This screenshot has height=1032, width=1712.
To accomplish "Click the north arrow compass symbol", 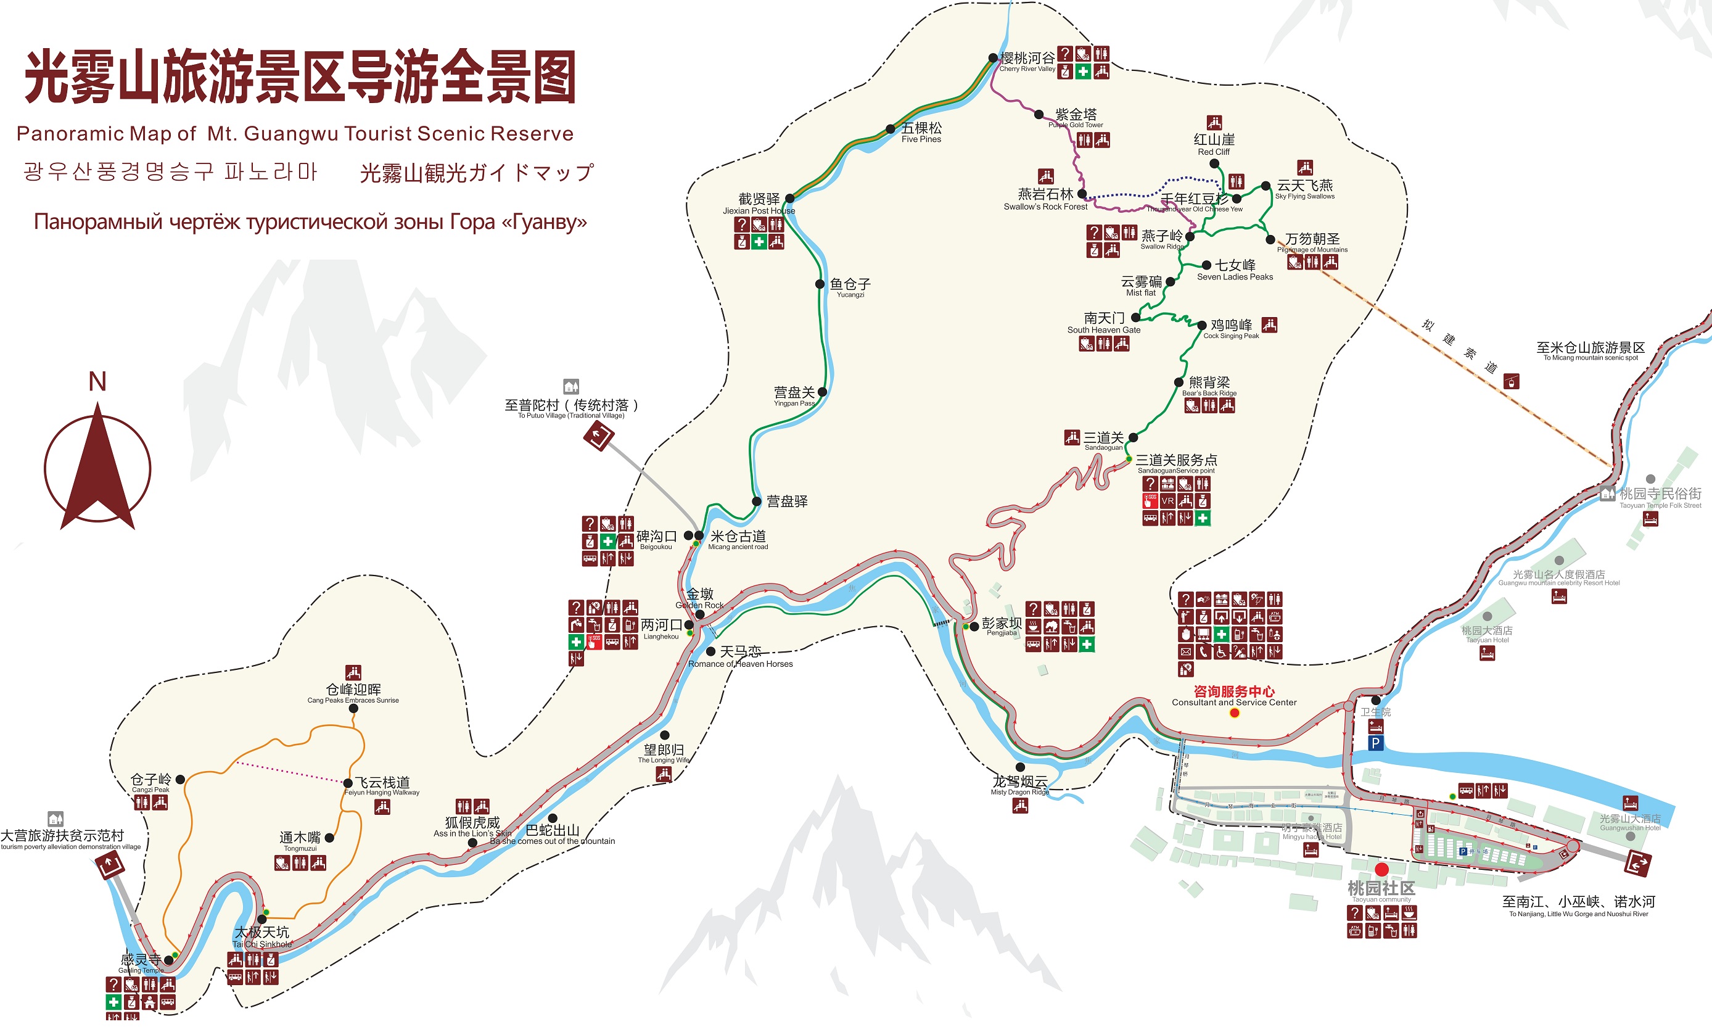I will point(97,469).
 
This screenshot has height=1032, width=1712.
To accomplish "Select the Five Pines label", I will point(921,132).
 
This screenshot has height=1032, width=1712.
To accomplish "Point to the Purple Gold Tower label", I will point(1076,118).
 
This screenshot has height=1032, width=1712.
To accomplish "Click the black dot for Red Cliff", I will point(1214,164).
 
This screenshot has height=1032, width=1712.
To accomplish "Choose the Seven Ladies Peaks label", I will point(1235,270).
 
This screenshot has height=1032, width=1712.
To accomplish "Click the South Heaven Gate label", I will point(1103,323).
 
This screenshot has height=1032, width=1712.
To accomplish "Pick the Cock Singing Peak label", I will point(1231,329).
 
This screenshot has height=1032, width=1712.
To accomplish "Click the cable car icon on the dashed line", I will point(1510,381).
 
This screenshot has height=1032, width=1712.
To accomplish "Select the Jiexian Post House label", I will point(759,204).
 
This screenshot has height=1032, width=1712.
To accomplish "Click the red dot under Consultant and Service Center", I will point(1234,713).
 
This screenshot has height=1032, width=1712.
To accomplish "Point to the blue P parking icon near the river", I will point(1375,743).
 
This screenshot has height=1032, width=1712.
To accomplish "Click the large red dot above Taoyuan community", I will point(1381,869).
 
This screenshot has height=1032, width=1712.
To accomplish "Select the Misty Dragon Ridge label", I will point(1019,785).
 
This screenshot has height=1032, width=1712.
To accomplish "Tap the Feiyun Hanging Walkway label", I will point(382,786).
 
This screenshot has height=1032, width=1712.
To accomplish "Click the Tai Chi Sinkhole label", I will point(262,937).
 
